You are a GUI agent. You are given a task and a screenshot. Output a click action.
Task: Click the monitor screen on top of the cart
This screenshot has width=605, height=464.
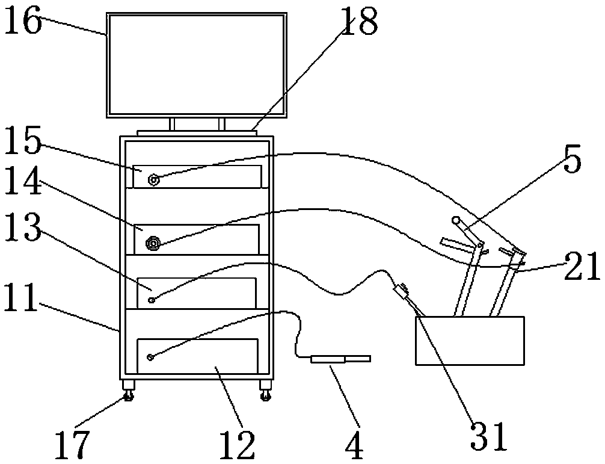click(x=196, y=64)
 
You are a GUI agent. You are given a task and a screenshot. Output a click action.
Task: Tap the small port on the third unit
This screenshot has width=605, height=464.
click(x=152, y=299)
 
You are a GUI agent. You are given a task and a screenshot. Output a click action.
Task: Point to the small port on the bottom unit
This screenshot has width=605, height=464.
click(x=150, y=357)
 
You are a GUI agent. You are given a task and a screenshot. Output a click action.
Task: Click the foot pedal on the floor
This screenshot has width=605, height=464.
click(x=340, y=359)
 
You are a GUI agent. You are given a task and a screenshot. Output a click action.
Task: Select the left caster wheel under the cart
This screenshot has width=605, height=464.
click(x=129, y=395)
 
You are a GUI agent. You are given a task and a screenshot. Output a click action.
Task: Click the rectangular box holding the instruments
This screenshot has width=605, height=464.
click(x=469, y=341)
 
